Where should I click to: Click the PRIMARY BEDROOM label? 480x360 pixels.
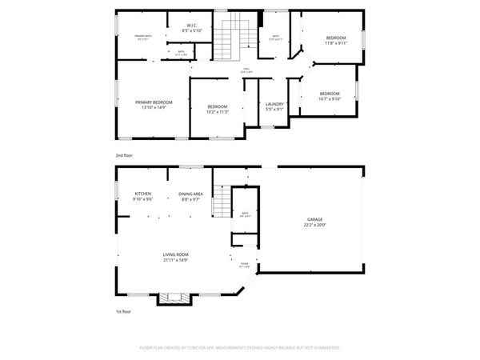click(x=154, y=102)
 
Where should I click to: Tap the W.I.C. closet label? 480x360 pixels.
click(x=192, y=26)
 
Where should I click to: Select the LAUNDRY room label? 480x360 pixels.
click(x=274, y=104)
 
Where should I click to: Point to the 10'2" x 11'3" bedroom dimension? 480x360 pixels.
click(x=218, y=112)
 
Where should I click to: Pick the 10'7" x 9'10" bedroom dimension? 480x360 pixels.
click(x=330, y=99)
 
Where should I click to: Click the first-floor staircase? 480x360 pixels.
click(x=222, y=206)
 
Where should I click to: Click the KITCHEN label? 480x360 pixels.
click(x=143, y=194)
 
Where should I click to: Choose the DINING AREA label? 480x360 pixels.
click(x=190, y=194)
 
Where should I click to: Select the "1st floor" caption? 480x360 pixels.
click(x=123, y=311)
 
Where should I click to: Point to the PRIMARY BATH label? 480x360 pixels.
click(x=143, y=37)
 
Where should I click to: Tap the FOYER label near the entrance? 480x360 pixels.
click(x=245, y=266)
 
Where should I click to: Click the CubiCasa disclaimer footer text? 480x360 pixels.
click(x=240, y=348)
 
